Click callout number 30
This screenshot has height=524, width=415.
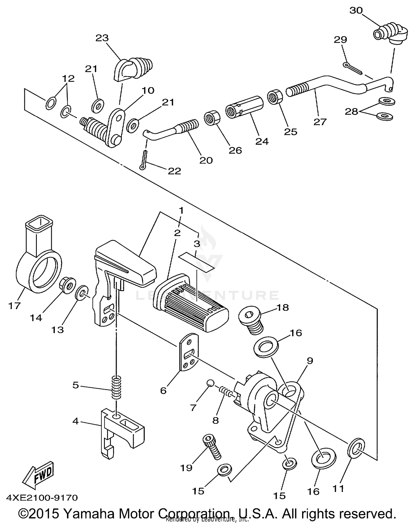pos(356,11)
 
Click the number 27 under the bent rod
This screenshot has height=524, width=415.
pos(320,122)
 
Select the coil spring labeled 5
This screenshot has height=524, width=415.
pos(116,387)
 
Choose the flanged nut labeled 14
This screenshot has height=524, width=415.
pos(68,284)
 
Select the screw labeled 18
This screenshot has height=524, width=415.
pos(251,321)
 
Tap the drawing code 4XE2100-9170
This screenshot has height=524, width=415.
pos(42,498)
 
